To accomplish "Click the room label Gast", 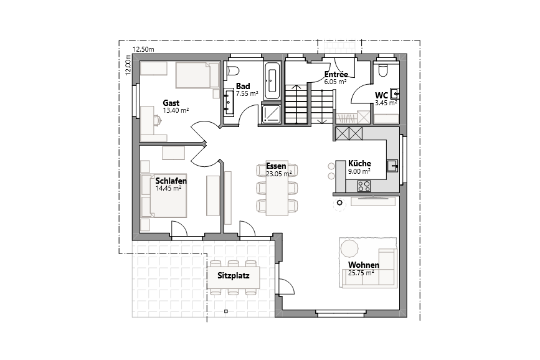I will point(171,103).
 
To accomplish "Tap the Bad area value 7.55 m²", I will point(247,93).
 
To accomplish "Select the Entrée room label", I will point(336,74).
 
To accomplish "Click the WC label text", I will point(381,95).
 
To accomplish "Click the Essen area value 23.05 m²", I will point(278,174).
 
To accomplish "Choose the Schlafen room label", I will point(171,181).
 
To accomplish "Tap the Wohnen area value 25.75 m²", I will point(361,273).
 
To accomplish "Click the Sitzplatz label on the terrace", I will point(234,275).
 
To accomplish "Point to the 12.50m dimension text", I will point(143,49).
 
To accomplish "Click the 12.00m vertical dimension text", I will point(128,65).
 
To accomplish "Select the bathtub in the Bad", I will point(272,81).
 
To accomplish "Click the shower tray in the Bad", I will point(271,113).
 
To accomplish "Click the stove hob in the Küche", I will point(363,185).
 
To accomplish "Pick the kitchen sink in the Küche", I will point(392,166).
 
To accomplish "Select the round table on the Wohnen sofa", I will point(349,248).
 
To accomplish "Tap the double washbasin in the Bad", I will point(229,102).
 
